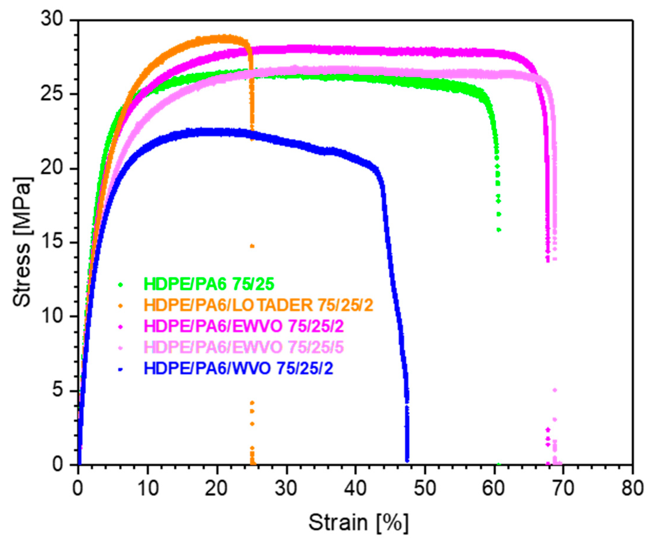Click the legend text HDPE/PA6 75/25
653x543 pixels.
click(209, 284)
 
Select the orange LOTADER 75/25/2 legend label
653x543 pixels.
click(258, 305)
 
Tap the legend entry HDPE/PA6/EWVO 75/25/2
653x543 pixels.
click(244, 326)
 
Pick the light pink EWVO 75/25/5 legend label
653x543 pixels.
click(244, 348)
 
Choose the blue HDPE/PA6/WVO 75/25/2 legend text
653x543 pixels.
click(238, 369)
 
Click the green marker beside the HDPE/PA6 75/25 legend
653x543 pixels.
click(121, 284)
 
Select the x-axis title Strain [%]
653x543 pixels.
click(358, 522)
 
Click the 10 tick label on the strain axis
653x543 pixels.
click(147, 488)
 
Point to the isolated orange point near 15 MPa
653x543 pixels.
click(252, 246)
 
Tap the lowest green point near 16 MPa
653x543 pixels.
click(499, 230)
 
